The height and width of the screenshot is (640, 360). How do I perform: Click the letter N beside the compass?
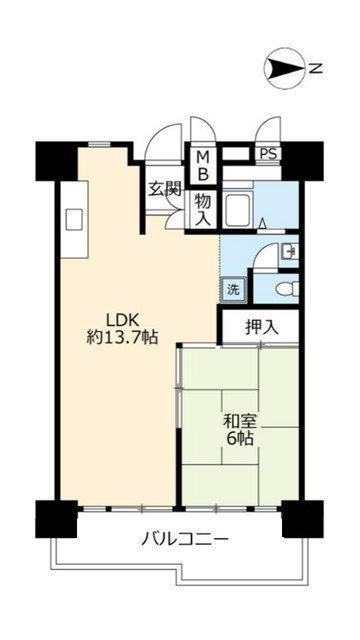pos(315,69)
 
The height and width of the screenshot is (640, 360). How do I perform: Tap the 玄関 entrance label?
pos(164,189)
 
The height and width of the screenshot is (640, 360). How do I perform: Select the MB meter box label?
pos(204,165)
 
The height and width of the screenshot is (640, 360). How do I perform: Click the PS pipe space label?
pos(269,154)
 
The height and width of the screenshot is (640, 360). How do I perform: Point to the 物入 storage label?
pos(203,210)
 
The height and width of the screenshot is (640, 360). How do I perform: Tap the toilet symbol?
pos(287,289)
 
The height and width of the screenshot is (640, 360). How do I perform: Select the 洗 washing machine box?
pos(233,289)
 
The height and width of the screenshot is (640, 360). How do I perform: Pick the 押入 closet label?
pos(262,328)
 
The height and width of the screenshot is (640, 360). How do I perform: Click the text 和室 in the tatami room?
pos(239,422)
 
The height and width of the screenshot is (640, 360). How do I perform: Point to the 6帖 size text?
pos(240,439)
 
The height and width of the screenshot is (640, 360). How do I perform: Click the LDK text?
pos(123,320)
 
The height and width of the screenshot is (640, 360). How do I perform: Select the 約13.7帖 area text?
pos(122,337)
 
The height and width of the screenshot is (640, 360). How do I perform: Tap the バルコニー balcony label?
pos(185,540)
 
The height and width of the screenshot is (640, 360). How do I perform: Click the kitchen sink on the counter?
pos(74,219)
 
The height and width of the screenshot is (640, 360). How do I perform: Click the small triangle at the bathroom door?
pos(264,223)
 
